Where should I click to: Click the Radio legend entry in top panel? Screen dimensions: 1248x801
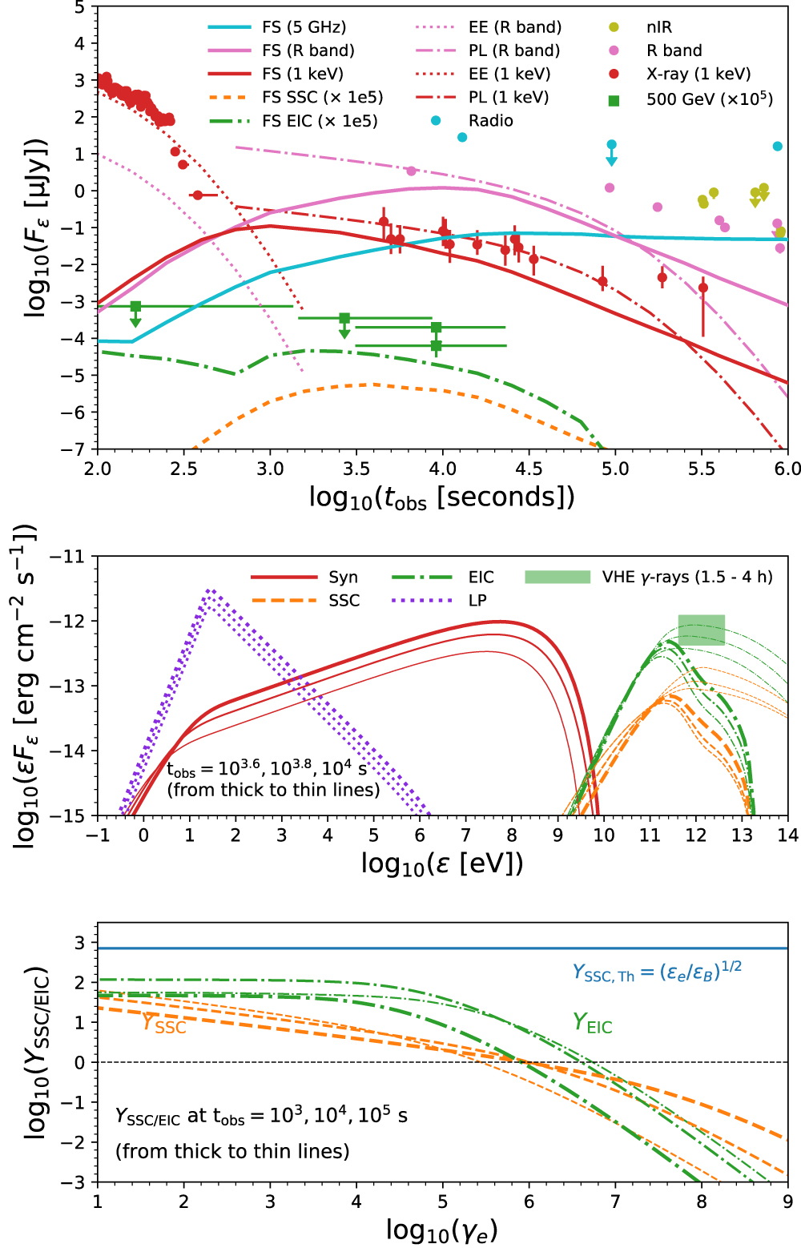click(490, 121)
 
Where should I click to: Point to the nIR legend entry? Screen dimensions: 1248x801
click(659, 27)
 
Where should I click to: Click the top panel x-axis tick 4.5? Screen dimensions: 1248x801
click(529, 469)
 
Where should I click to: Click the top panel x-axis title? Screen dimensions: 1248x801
click(441, 498)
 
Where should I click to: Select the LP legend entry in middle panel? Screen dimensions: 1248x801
click(477, 601)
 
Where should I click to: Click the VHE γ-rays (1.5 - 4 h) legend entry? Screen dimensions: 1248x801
click(686, 578)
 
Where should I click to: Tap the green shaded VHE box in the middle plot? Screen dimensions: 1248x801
click(702, 630)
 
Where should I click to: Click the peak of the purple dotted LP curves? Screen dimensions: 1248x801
click(210, 591)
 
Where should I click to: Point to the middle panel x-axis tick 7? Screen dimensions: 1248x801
click(465, 835)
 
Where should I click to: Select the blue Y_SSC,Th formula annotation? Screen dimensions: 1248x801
click(657, 972)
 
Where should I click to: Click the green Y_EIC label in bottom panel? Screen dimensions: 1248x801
click(592, 1023)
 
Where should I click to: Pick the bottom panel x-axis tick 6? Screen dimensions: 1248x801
click(529, 1202)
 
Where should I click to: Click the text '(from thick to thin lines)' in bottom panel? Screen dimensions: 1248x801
click(232, 1151)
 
